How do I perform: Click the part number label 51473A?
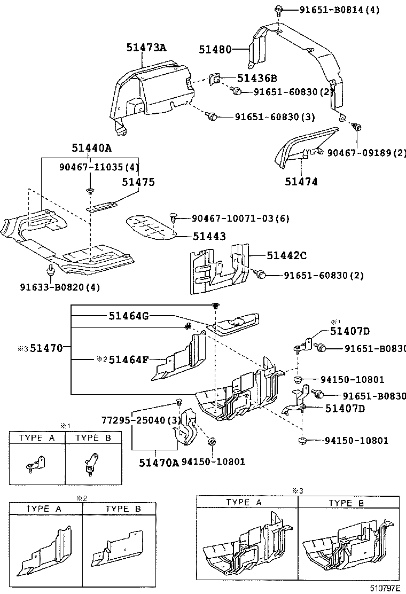point(146,48)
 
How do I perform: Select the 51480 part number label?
point(215,50)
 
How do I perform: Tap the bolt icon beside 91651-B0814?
point(279,9)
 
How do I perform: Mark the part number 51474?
point(301,182)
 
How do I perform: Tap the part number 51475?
point(137,182)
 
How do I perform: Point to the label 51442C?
point(286,255)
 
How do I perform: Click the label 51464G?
point(128,316)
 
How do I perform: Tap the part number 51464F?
point(128,359)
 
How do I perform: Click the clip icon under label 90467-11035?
point(90,191)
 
